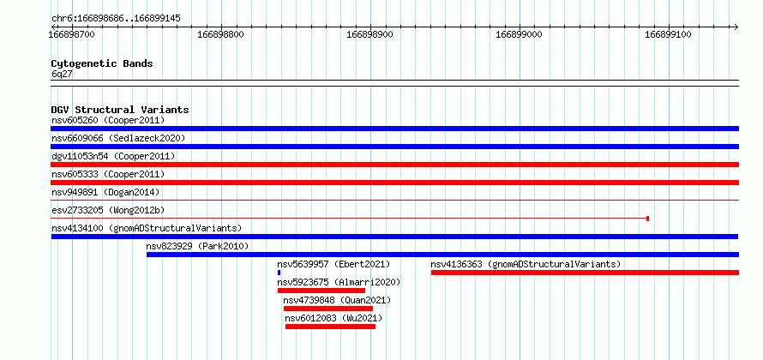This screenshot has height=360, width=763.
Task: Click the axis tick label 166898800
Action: (221, 35)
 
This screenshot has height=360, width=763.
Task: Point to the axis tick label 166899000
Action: (520, 35)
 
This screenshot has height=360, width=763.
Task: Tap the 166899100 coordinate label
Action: (668, 35)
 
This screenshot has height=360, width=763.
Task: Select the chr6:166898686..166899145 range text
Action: (117, 19)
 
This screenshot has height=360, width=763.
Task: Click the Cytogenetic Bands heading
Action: (102, 63)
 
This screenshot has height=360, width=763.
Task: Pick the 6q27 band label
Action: (63, 75)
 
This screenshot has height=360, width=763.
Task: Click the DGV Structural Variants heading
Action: (120, 110)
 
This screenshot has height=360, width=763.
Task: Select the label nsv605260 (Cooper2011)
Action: (108, 120)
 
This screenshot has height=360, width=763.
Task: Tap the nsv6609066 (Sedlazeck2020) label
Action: (118, 138)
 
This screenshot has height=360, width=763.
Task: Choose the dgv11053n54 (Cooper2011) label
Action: (113, 156)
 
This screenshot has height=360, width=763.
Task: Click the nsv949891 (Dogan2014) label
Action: (105, 192)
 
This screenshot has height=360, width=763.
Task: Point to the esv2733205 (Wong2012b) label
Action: (108, 210)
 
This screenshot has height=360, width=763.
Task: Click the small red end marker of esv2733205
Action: (647, 219)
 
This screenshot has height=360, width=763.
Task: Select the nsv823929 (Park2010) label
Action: (197, 246)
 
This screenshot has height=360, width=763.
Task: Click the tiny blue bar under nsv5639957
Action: (279, 273)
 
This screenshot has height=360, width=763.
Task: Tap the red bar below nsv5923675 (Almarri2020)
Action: (321, 291)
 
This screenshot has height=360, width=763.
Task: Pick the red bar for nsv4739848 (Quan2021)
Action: (328, 309)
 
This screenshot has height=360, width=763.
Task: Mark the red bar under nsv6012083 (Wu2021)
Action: (330, 327)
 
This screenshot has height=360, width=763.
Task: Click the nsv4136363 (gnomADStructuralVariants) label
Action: (526, 264)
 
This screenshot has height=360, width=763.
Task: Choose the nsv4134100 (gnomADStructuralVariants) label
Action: (147, 228)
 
